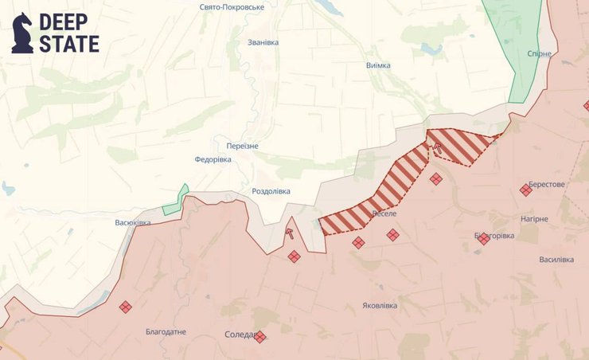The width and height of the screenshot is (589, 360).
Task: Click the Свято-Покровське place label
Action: click(232, 6)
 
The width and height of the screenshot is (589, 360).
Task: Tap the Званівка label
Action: click(263, 42)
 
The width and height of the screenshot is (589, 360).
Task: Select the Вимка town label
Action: click(378, 65)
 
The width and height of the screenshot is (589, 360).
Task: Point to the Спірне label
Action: click(540, 54)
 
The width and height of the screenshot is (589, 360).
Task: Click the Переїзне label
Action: click(242, 146)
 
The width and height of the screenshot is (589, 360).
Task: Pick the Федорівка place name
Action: click(213, 159)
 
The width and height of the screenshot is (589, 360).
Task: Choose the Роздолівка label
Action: click(271, 191)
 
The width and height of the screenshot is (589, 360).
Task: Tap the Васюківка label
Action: click(133, 222)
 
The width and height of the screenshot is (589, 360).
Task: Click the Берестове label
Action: click(546, 184)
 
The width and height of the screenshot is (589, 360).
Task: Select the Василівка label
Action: click(556, 260)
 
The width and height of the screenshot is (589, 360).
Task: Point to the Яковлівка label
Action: click(381, 305)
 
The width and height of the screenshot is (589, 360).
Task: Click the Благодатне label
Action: click(166, 331)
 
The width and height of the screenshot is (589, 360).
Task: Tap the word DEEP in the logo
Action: click(68, 22)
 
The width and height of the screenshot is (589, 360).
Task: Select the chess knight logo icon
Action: click(22, 33)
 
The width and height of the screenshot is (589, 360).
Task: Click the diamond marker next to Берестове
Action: click(525, 190)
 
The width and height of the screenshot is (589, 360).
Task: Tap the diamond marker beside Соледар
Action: click(259, 337)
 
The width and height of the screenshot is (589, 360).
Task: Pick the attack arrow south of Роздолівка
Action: click(290, 233)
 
